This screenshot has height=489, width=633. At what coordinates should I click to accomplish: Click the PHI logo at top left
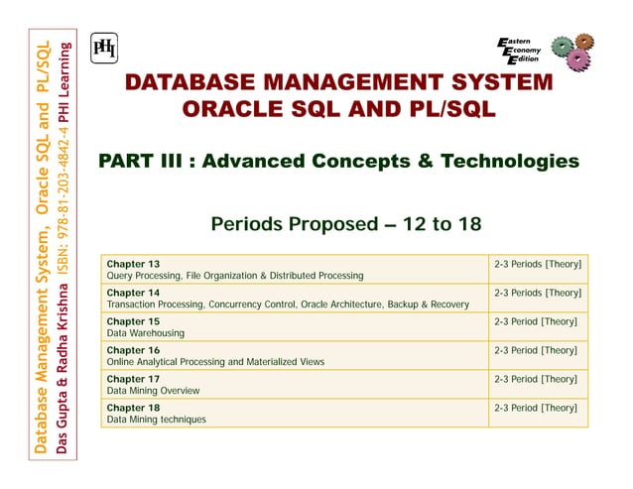(x=103, y=49)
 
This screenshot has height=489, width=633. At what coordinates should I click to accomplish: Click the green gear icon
(x=564, y=48)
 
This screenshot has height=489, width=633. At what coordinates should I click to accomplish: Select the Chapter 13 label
(x=133, y=265)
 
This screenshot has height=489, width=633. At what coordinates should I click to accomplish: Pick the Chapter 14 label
(x=133, y=294)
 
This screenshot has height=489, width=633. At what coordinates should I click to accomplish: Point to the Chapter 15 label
(x=133, y=322)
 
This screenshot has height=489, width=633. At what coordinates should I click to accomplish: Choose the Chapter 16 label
(x=133, y=351)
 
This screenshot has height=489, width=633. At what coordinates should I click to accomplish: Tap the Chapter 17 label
(x=133, y=379)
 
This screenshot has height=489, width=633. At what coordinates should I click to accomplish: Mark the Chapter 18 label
(x=133, y=408)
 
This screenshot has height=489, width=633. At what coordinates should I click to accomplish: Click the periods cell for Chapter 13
(x=537, y=265)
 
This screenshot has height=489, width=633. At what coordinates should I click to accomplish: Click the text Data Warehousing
(x=146, y=334)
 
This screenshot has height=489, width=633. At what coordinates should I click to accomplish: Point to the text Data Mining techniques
(x=157, y=420)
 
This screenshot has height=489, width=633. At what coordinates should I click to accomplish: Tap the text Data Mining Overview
(x=154, y=391)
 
